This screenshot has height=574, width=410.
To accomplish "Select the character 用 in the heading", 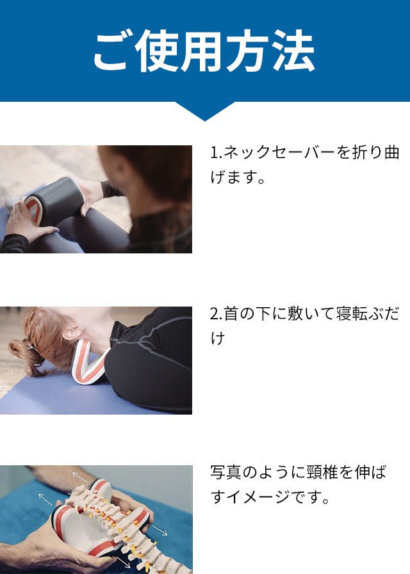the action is coord(204,51).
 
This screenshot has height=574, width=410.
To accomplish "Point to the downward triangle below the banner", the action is coord(205,111).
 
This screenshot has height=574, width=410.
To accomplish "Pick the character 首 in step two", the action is coord(231,314).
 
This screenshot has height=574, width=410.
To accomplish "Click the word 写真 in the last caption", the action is coord(225,472).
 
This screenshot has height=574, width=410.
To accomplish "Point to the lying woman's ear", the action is coord(72,331).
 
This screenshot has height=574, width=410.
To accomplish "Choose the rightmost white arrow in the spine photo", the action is coord(159,530).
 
